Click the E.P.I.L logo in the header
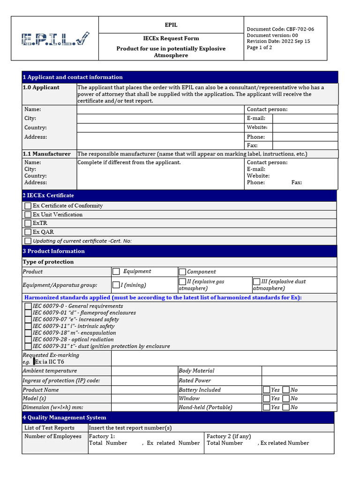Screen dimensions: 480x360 coord(55,39)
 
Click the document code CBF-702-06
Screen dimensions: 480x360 coord(280,29)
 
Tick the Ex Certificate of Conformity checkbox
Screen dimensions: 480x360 coord(28,206)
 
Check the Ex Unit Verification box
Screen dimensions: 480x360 coord(28,215)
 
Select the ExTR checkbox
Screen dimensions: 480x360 coord(28,223)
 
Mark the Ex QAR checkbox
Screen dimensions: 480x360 coord(28,232)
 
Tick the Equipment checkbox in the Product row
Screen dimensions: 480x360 coord(116,271)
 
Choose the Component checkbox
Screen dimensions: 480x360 coord(182,272)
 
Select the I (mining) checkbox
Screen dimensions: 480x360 coord(116,285)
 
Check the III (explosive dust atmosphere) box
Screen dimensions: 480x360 coord(256,282)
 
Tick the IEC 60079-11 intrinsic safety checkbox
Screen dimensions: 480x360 coord(28,326)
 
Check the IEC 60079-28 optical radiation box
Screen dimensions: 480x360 coord(28,339)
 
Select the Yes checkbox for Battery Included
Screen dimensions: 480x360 coord(266,390)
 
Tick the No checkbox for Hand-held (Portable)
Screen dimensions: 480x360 coord(286,407)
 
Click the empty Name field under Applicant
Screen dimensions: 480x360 coord(160,110)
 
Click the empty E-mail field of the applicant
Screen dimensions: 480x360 coord(305,119)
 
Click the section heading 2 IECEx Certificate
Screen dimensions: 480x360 coord(48,195)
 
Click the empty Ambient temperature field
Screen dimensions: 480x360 coord(144,371)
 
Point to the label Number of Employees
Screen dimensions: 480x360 coord(53,436)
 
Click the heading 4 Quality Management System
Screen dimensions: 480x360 coord(65,418)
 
